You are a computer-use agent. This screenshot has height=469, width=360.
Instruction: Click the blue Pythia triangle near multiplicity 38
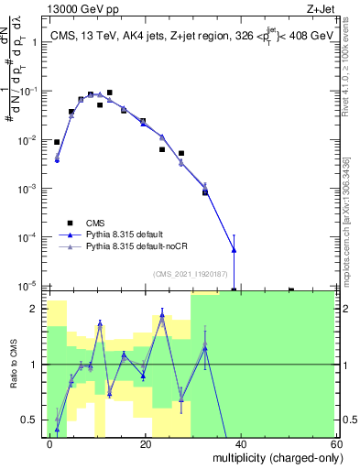pos(235,249)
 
